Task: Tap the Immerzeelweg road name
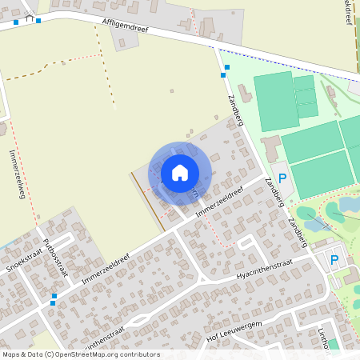click(17, 171)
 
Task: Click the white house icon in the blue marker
click(180, 172)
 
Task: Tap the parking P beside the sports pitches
click(282, 178)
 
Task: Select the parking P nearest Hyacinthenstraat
click(334, 259)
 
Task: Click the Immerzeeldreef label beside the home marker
click(218, 198)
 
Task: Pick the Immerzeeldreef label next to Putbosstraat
click(105, 269)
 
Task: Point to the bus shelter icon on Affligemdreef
click(30, 18)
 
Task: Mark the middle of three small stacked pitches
click(305, 98)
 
